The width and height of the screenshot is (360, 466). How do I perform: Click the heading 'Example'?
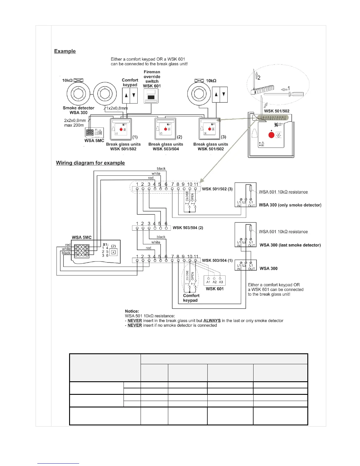[65, 51]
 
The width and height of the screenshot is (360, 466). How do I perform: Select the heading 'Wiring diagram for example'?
[90, 163]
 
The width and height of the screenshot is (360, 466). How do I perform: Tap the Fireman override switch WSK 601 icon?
[151, 96]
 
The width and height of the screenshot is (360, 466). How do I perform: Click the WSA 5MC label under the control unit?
[94, 141]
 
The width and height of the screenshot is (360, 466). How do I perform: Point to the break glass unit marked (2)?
[165, 129]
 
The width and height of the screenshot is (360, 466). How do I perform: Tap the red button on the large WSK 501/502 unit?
[271, 135]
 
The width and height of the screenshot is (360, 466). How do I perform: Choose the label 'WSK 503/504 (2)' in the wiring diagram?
[188, 228]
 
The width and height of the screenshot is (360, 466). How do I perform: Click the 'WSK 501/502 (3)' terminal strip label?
[217, 189]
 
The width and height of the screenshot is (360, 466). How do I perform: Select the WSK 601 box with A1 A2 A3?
[214, 281]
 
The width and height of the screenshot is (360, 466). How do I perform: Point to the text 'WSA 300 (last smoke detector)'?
[290, 245]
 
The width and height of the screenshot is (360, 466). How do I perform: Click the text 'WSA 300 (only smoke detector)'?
[290, 205]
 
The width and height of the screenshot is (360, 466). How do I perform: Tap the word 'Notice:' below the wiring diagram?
[132, 311]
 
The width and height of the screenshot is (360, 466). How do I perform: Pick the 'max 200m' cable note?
[74, 125]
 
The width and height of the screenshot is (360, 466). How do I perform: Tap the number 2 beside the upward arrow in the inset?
[259, 78]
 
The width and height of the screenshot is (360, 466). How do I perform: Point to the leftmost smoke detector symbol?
[78, 94]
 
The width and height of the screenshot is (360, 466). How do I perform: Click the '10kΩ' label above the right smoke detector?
[211, 81]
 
